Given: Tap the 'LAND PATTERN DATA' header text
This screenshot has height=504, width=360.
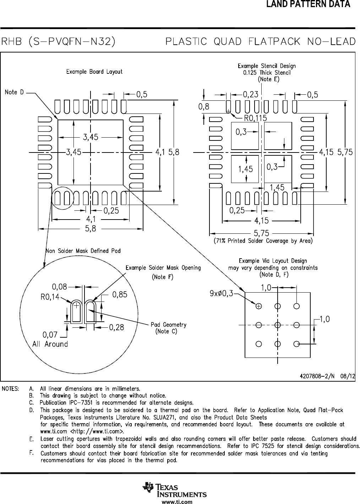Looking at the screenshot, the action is coord(308,4).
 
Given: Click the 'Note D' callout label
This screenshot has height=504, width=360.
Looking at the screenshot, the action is coord(14,92).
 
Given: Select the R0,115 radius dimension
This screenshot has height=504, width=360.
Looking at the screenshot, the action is coord(256,118).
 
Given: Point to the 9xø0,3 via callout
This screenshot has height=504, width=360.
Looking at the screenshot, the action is coord(222,293).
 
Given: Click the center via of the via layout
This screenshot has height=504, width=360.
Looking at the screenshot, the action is coord(278,325).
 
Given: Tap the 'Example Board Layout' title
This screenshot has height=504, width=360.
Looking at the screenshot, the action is coord(94,72).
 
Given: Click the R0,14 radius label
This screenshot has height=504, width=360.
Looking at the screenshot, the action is coord(50,297).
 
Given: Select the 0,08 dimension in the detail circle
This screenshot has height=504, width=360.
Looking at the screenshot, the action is coord(60,287).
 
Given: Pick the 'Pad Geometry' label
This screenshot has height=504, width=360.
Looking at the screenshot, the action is coord(169,325).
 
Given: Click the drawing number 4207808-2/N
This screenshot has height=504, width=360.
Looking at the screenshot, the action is coord(317,376).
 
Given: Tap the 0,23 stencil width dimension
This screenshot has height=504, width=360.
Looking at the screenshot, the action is coord(251,94).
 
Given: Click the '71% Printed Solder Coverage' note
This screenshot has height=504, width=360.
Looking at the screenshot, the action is coord(263,241).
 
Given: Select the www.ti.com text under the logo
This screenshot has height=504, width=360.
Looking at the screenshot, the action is coord(177,502).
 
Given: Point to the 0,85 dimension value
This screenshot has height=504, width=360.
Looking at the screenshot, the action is coord(120,294).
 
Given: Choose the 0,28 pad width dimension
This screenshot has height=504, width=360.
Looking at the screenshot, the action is coord(116,327).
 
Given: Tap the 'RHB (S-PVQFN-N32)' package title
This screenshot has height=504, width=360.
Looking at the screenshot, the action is coord(58,41).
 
